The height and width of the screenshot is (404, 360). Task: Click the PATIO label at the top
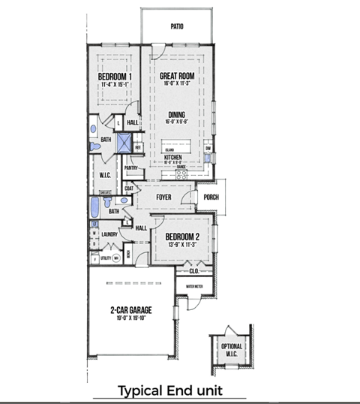pos(177,26)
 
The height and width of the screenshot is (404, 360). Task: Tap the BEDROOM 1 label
pos(115,77)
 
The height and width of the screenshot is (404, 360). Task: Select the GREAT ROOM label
pos(177,77)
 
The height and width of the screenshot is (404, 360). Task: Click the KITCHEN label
pos(174,157)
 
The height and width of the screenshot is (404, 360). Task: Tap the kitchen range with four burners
pos(181,173)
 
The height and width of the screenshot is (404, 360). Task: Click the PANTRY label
pos(130,168)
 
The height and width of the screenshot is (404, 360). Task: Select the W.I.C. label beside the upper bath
pos(105,176)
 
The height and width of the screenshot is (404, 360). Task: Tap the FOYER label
pos(164,198)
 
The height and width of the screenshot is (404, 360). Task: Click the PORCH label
pos(211,198)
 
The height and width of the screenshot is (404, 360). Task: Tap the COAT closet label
pos(129,189)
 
